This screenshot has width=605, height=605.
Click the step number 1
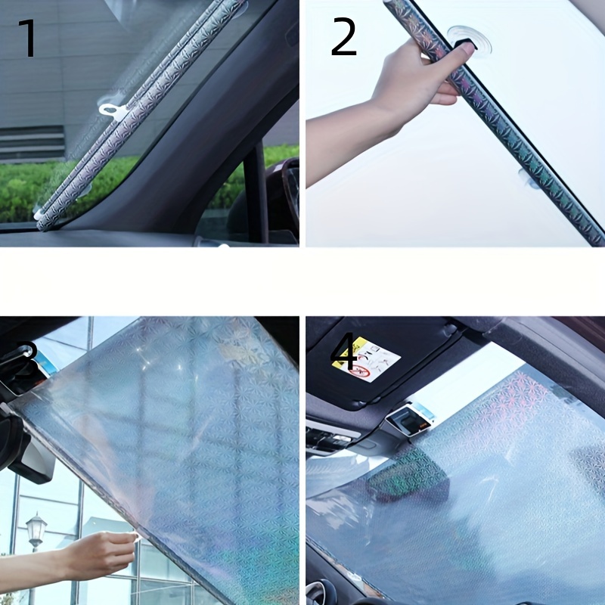(27, 39)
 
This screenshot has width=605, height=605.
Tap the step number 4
(344, 352)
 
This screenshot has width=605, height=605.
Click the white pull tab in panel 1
(112, 107)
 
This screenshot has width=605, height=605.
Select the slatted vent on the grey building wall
(32, 143)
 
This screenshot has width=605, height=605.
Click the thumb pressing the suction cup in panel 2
(463, 49)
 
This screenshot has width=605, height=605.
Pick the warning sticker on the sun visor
(366, 359)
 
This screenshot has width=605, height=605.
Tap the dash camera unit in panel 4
(408, 420)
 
